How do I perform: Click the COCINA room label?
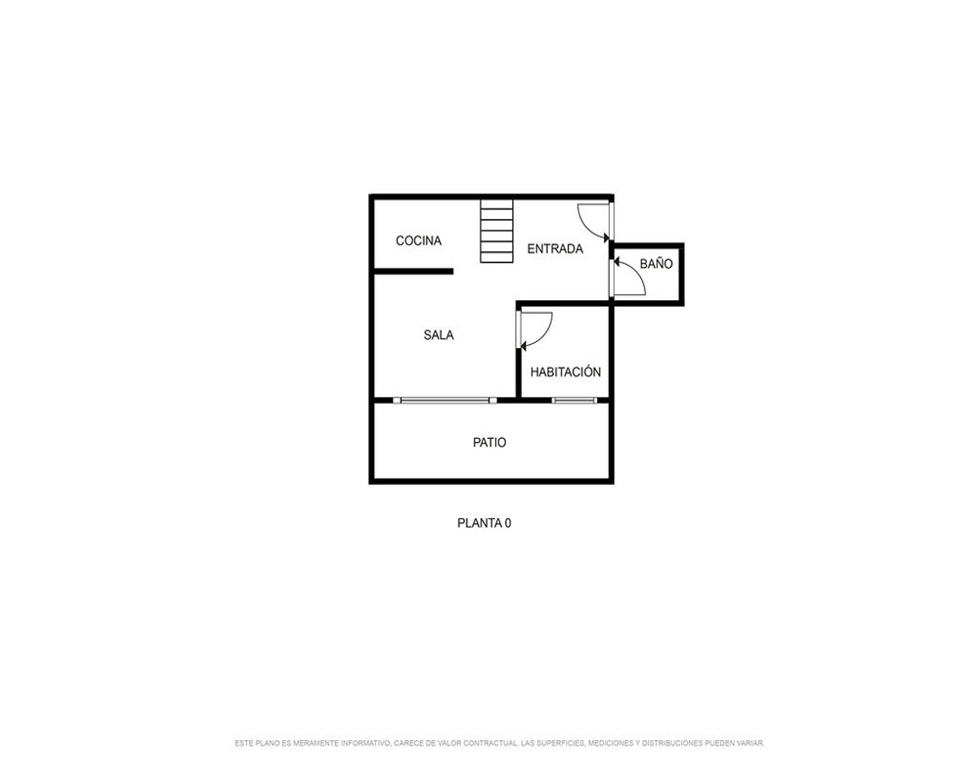(x=419, y=240)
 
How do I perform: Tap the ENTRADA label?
(x=555, y=249)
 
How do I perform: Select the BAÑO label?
(x=657, y=264)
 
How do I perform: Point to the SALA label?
(x=439, y=335)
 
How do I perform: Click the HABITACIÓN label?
(x=566, y=371)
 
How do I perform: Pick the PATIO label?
(x=489, y=443)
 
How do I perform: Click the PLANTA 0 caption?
(x=485, y=523)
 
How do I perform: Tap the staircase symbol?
(x=496, y=231)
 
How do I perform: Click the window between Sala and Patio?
(x=445, y=401)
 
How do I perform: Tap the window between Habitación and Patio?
(x=574, y=401)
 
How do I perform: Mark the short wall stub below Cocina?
(x=413, y=272)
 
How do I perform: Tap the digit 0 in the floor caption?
(x=508, y=523)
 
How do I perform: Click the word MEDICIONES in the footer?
(x=611, y=743)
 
